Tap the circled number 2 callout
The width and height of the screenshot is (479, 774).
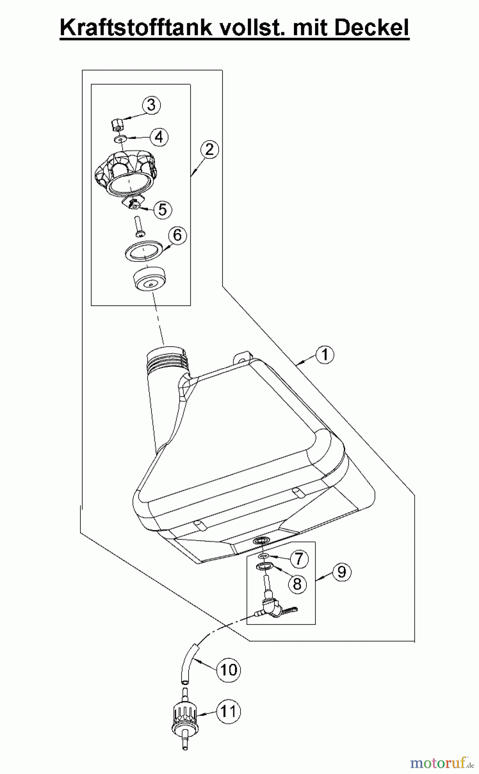point(209,150)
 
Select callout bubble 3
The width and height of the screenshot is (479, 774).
point(151,105)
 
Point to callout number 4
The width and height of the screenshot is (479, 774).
point(159,137)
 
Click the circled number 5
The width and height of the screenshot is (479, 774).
point(162,209)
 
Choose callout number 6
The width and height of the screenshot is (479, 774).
point(177,236)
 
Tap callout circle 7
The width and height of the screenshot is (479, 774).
point(299,559)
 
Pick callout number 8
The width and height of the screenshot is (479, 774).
point(297,584)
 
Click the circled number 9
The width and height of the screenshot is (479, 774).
point(342,572)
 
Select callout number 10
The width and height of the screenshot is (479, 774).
point(229,670)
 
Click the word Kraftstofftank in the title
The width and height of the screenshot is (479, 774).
point(136,28)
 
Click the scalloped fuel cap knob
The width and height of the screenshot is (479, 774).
point(124,174)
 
